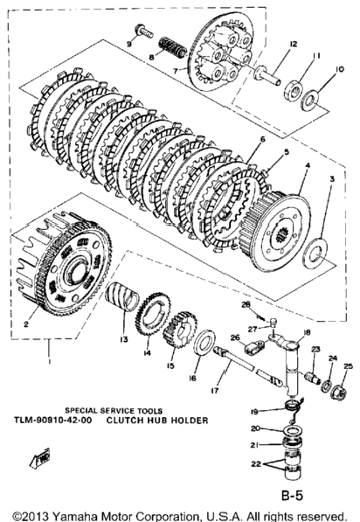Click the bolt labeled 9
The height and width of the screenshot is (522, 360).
click(x=144, y=31)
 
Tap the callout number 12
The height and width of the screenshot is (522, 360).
click(x=293, y=44)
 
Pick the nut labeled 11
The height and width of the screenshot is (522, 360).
click(x=293, y=91)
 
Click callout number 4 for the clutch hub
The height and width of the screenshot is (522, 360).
click(x=308, y=165)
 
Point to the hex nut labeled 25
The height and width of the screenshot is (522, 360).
click(x=339, y=393)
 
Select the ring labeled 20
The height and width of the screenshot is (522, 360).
click(x=293, y=432)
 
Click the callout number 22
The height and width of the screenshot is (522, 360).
click(x=256, y=463)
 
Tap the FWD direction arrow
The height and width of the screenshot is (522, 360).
click(x=40, y=458)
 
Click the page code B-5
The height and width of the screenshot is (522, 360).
click(x=293, y=496)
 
